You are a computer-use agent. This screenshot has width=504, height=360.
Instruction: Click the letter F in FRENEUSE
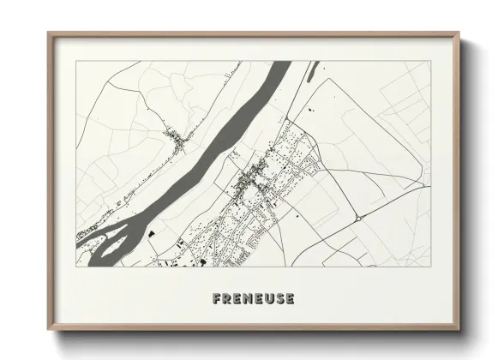point(214,299)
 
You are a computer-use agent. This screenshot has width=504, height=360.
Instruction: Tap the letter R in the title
point(225,299)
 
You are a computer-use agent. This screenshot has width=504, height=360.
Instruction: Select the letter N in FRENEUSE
point(248,299)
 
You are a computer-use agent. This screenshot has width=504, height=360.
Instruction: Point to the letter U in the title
point(270,299)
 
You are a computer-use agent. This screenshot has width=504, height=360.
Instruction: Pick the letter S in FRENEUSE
point(280,299)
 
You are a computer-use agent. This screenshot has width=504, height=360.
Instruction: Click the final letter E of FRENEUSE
point(291,299)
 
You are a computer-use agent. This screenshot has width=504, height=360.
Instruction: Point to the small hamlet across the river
point(176,137)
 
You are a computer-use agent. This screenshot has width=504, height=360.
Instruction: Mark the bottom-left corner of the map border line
point(76,266)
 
